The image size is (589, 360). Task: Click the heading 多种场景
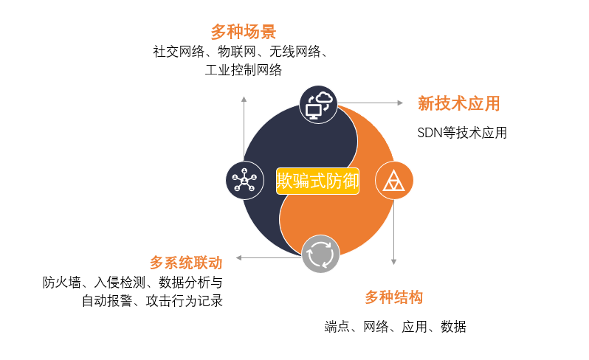pos(244,32)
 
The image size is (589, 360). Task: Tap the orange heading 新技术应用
pos(458,103)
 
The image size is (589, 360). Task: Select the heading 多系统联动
pos(186,263)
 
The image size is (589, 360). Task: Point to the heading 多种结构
pos(393,297)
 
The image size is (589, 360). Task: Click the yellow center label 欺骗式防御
pos(317,181)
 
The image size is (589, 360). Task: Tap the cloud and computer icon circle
pos(319,104)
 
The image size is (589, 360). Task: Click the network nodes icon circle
pos(244,181)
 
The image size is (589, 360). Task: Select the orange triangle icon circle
pos(393,181)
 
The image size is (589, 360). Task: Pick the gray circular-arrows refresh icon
pos(320,255)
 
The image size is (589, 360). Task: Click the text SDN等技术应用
pos(462,133)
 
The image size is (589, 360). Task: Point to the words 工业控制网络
pos(244,70)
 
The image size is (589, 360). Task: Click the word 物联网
pos(237,52)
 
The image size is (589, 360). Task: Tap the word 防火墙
pos(61,283)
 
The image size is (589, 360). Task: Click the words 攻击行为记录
pos(184,301)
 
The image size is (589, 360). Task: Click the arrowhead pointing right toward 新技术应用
pos(400,103)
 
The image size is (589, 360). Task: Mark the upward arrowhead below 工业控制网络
pos(244,99)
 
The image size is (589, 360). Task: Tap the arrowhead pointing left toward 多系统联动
pos(239,258)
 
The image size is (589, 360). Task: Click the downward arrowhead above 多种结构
pos(393,262)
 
